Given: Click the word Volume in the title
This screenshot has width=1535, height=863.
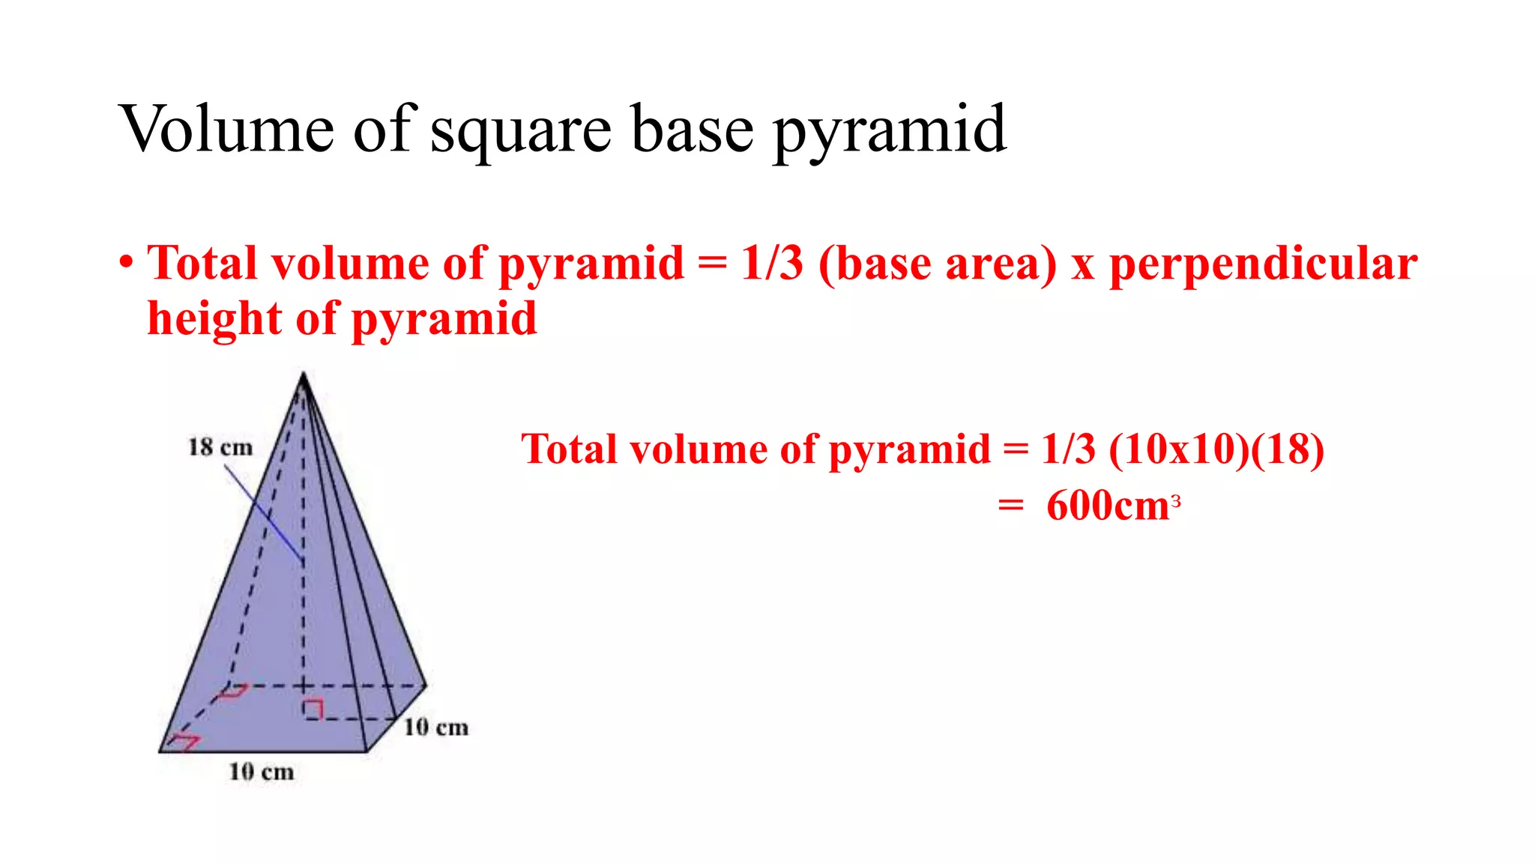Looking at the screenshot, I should [x=226, y=129].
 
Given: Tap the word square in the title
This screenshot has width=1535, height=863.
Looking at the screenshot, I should [x=521, y=132].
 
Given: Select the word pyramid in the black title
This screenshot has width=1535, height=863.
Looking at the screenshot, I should [x=889, y=132].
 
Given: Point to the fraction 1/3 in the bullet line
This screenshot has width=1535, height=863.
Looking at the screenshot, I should [x=771, y=264].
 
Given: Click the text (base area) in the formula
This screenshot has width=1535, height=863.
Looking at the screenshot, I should [x=938, y=264].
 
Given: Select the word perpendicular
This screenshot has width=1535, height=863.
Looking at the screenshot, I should [x=1263, y=264].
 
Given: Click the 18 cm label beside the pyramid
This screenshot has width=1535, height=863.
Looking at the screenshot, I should [x=220, y=447].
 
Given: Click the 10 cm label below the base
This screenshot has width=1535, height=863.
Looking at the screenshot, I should [x=261, y=772].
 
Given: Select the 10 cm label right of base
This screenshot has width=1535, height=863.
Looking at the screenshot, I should [x=435, y=727].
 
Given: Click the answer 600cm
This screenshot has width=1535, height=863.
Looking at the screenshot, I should [x=1108, y=506].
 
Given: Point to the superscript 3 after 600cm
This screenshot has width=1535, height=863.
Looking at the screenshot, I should [x=1176, y=500].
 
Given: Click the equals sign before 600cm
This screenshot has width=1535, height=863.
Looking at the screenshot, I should [x=1010, y=506].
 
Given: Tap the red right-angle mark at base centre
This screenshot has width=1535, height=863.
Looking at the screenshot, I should [x=313, y=709].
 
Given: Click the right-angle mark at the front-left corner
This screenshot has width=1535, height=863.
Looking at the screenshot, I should [x=184, y=742].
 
